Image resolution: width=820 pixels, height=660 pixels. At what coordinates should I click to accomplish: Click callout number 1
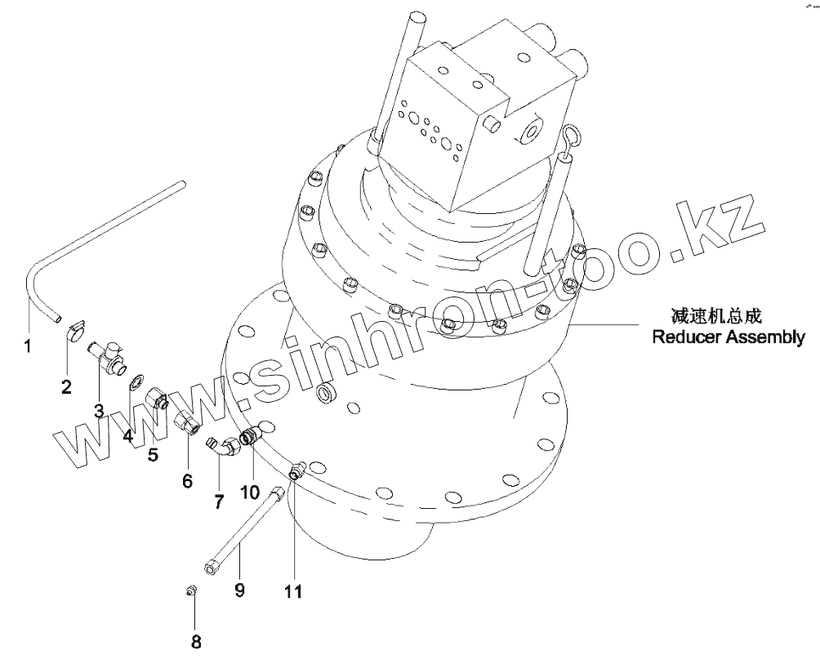point(27,346)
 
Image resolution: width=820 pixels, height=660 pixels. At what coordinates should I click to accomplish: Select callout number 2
point(66,386)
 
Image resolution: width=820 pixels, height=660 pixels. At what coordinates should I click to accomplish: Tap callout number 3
point(98,411)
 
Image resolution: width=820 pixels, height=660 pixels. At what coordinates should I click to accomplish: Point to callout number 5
point(153,454)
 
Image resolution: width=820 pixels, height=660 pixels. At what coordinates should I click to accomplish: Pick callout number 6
point(187,481)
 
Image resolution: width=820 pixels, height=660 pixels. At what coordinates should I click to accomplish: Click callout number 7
point(219,502)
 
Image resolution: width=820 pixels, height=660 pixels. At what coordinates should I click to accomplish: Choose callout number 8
point(196,641)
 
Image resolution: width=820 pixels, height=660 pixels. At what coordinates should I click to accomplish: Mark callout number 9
point(239,589)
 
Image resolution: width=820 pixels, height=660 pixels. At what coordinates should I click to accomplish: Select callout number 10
point(250,492)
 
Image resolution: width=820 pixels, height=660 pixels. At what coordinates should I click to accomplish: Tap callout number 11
point(293,591)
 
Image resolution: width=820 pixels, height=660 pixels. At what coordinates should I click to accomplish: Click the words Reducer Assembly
point(728,337)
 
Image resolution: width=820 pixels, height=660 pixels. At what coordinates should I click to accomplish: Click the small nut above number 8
point(189,591)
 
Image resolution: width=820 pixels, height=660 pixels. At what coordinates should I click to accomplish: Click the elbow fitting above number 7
point(221,445)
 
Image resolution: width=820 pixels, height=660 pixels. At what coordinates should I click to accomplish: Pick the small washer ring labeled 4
point(138,380)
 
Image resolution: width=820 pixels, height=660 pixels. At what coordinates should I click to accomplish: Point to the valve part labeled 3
point(105,356)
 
